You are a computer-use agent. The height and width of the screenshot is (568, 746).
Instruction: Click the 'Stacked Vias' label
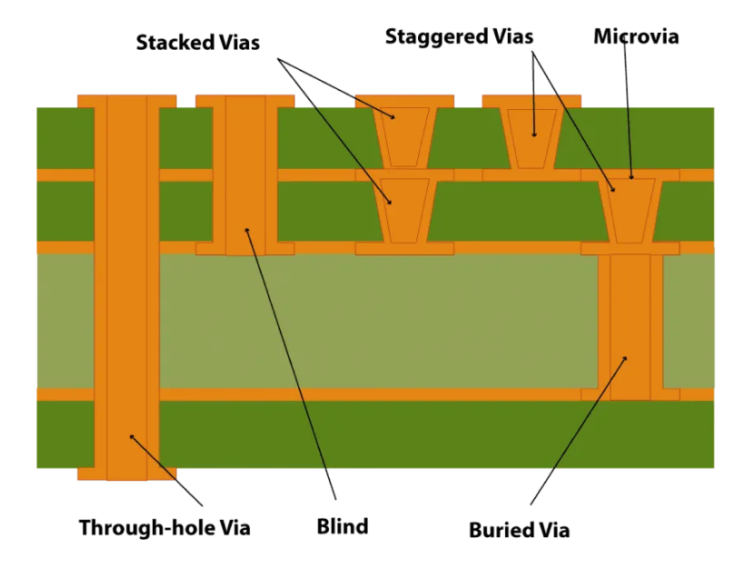coord(198,43)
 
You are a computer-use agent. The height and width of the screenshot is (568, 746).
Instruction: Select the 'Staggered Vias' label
coord(459,37)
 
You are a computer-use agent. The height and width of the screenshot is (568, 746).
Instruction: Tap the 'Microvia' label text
coord(636,37)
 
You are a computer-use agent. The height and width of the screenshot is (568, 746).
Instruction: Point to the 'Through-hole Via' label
coord(164,527)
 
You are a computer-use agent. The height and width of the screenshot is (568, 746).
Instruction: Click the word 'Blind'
coord(343,526)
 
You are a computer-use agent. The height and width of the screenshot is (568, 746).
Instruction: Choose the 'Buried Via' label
coord(519,530)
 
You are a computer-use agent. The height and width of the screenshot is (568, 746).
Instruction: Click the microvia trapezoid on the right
coord(630,210)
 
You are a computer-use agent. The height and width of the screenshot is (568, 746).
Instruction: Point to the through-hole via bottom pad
coord(126,473)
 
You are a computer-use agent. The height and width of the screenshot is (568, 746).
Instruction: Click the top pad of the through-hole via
coord(126,101)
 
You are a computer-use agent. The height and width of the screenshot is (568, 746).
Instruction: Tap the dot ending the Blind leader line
coord(247,230)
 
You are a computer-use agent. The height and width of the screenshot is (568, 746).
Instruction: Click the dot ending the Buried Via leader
coord(625,359)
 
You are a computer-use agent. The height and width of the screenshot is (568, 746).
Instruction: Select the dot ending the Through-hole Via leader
coord(132,436)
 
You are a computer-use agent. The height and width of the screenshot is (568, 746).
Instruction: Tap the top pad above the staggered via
coord(532,100)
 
